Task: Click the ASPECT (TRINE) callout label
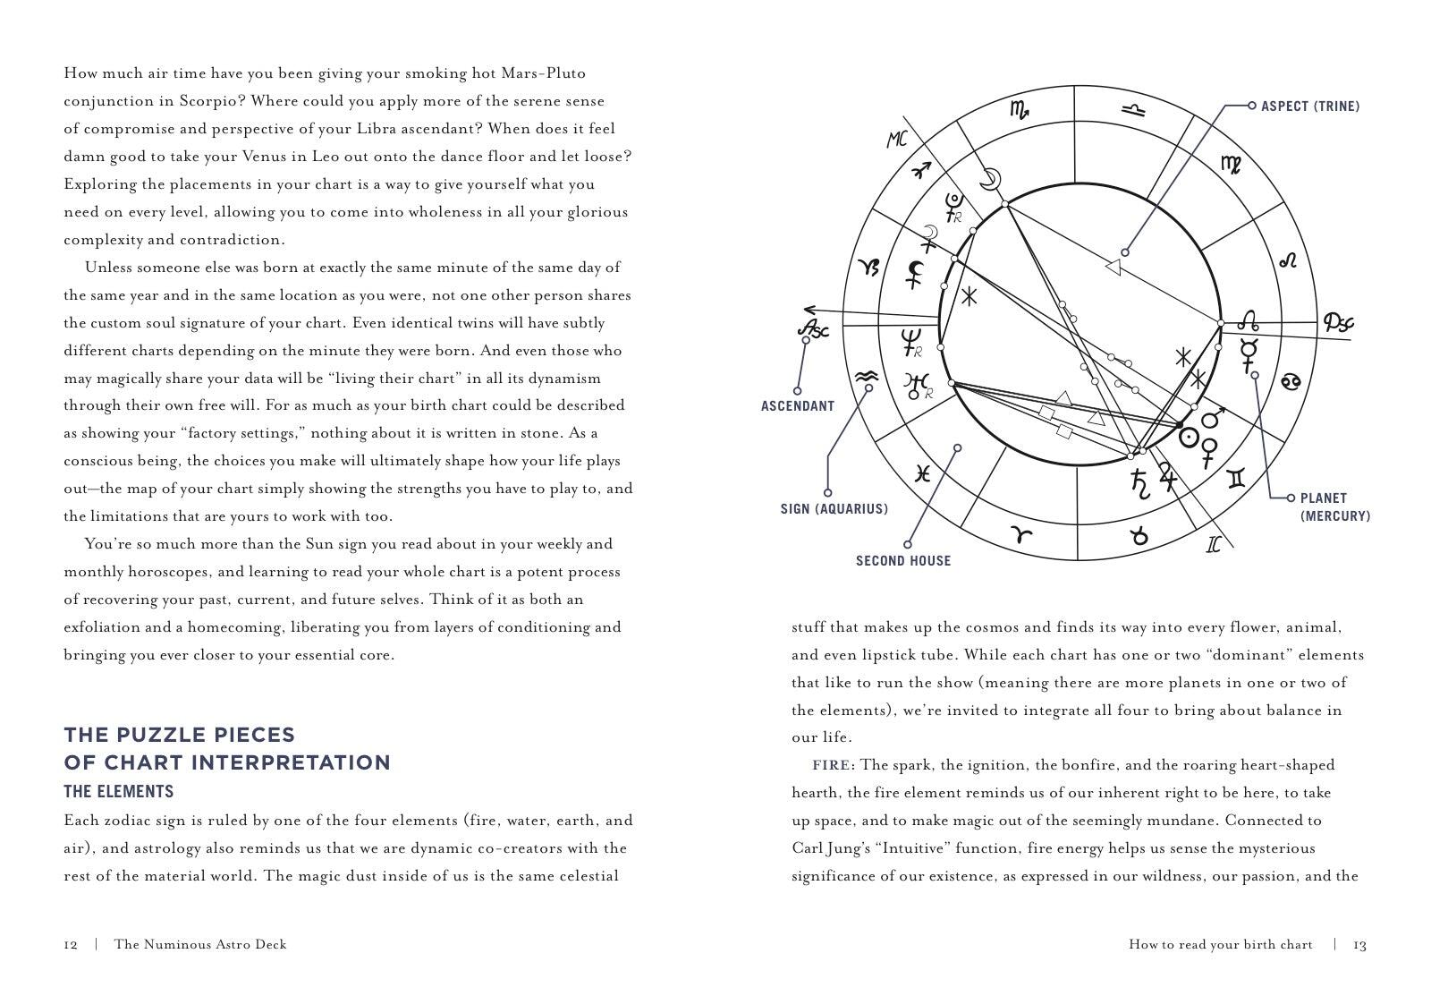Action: click(1309, 106)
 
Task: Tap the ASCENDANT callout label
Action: click(797, 406)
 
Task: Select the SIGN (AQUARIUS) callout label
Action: click(834, 509)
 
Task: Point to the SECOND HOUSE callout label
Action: click(902, 561)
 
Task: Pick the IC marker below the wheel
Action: click(1214, 543)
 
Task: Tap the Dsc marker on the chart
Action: click(1338, 322)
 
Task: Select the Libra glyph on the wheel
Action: click(1132, 109)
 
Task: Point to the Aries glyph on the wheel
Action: click(1021, 535)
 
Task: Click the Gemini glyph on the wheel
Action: click(1237, 480)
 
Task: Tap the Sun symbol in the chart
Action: click(1190, 438)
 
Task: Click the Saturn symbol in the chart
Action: click(1139, 482)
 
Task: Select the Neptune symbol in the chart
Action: click(911, 340)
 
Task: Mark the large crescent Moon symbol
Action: click(988, 179)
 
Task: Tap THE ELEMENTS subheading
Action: click(118, 792)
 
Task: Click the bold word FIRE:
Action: click(833, 765)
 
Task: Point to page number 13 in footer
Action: click(1359, 945)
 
